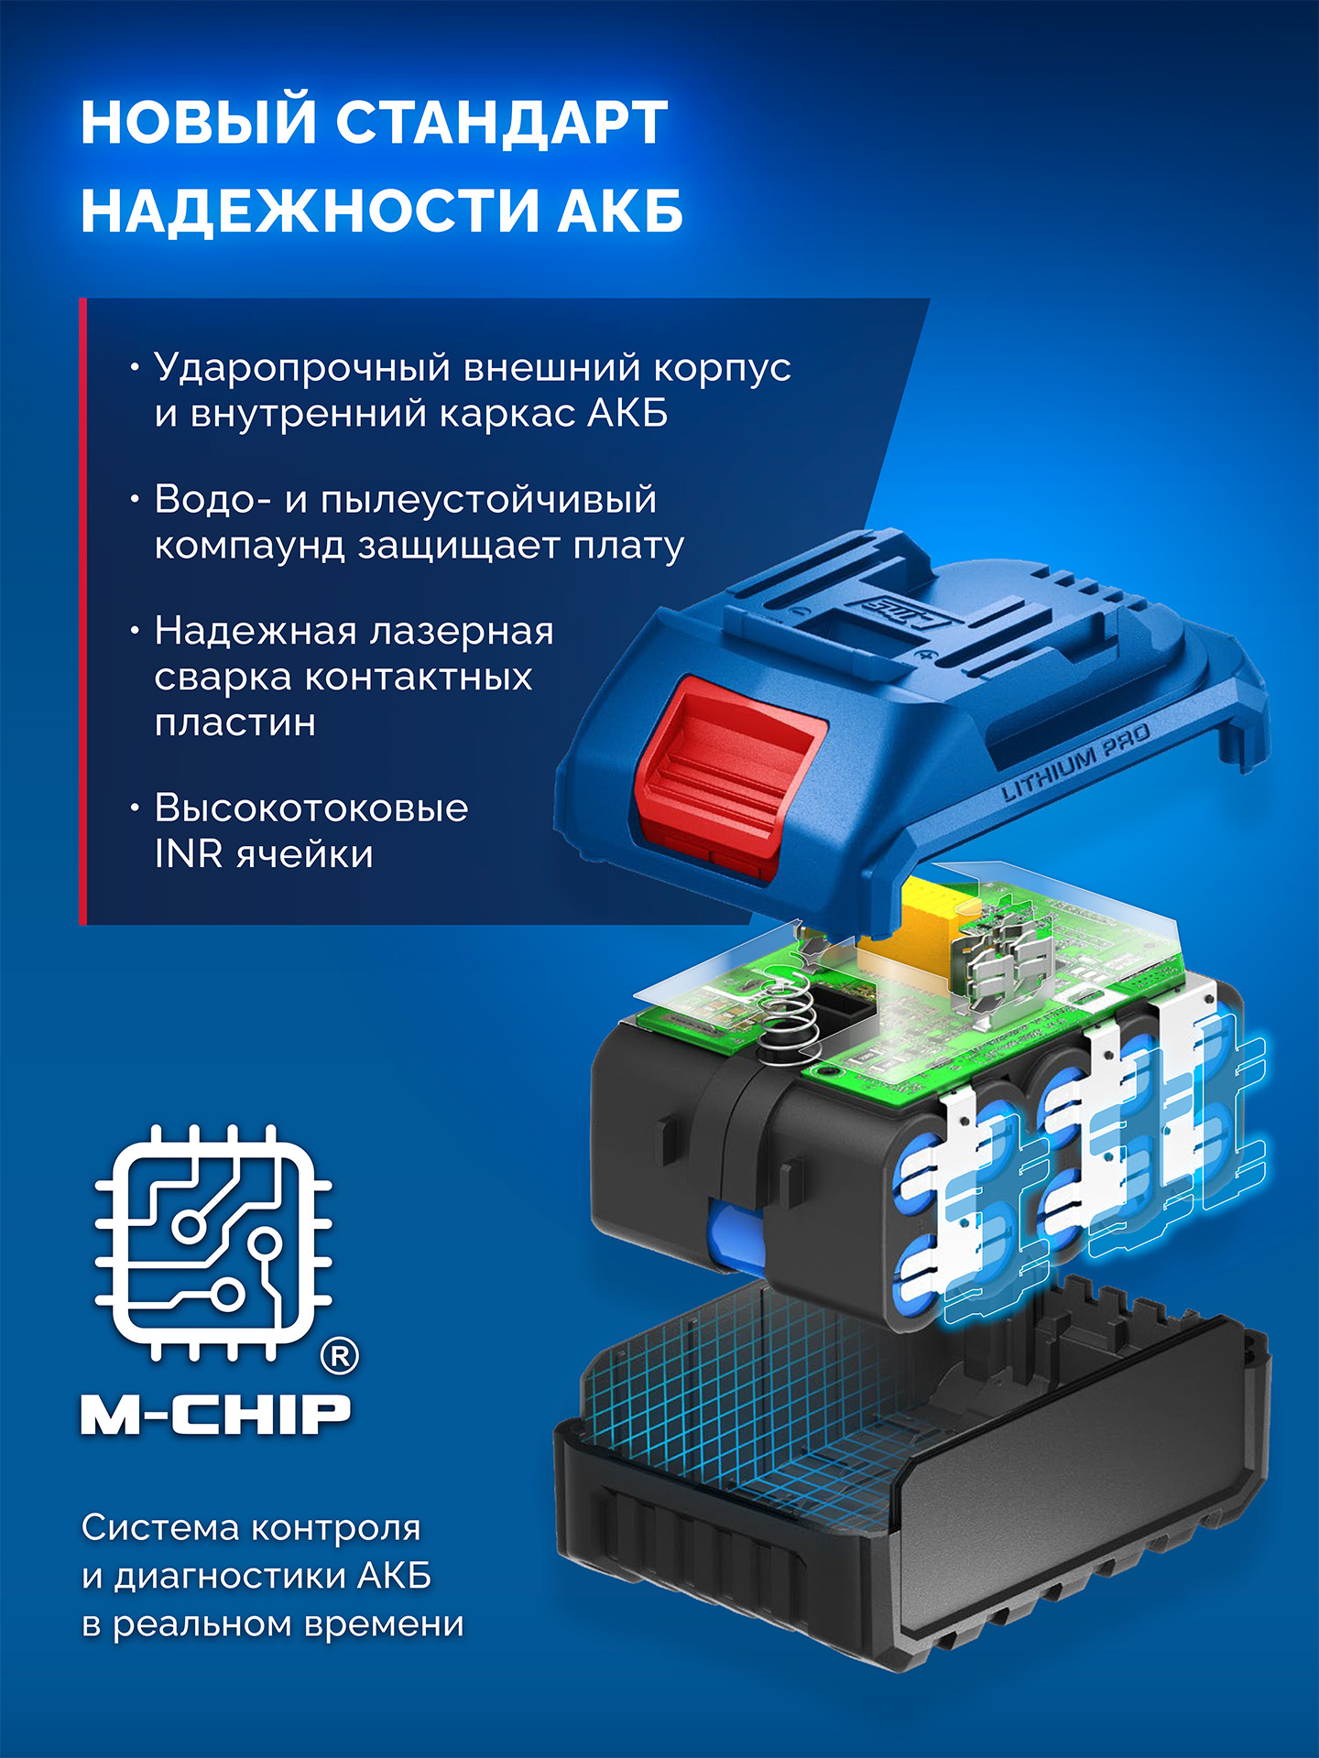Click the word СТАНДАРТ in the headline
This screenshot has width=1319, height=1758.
pyautogui.click(x=501, y=123)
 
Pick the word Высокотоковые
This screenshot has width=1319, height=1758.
pyautogui.click(x=311, y=808)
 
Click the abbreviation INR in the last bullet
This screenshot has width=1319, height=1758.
pyautogui.click(x=188, y=855)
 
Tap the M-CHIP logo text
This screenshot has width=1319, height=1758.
pyautogui.click(x=216, y=1415)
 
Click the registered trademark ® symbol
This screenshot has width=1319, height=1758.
pyautogui.click(x=339, y=1355)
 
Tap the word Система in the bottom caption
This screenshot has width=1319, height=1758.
pyautogui.click(x=158, y=1527)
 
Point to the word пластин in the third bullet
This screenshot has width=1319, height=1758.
pyautogui.click(x=235, y=723)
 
